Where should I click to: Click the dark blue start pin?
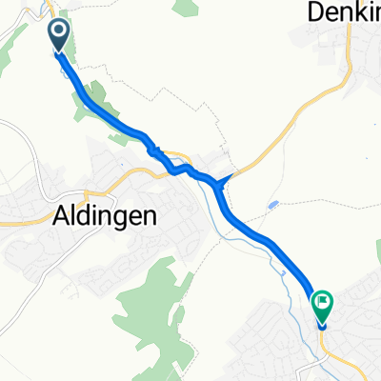(59, 36)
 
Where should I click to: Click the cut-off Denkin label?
(344, 12)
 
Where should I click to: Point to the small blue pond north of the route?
(274, 205)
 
